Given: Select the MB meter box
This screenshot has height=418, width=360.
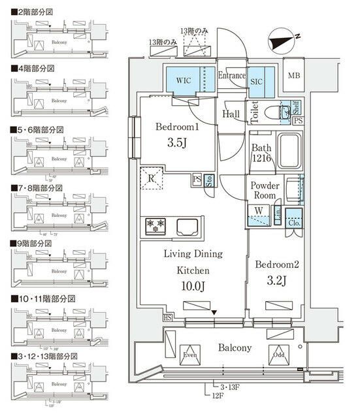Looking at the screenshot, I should (295, 75).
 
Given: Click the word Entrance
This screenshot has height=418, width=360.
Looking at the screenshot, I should (231, 75).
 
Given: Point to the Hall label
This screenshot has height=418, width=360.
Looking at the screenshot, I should (231, 114).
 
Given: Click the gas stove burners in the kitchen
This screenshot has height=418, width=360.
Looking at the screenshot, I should (157, 226).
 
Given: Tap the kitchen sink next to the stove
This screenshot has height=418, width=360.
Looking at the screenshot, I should (186, 227).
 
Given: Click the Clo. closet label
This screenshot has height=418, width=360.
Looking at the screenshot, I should (294, 223).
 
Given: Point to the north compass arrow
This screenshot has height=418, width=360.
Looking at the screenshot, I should (286, 41).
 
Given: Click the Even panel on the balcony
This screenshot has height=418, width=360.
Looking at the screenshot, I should (190, 355).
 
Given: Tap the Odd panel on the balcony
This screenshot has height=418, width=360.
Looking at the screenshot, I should (279, 355).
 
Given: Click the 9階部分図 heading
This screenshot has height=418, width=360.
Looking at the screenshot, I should (35, 242).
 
